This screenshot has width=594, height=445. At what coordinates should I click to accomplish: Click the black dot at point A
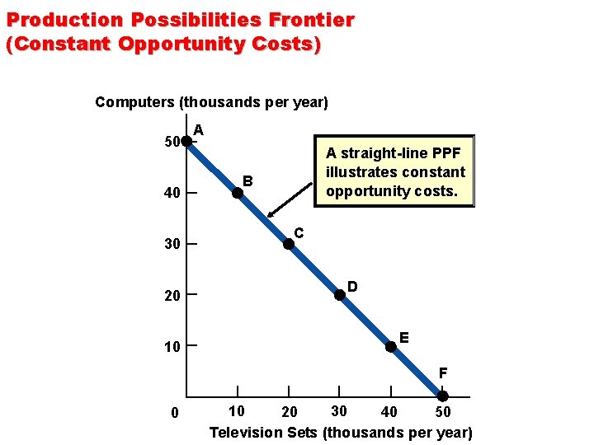pyautogui.click(x=187, y=142)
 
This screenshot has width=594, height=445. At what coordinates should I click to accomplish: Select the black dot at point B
pyautogui.click(x=238, y=193)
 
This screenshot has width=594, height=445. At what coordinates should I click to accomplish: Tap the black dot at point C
pyautogui.click(x=289, y=244)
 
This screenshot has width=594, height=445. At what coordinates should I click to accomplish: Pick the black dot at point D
pyautogui.click(x=340, y=295)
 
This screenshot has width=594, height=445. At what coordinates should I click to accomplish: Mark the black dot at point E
pyautogui.click(x=391, y=346)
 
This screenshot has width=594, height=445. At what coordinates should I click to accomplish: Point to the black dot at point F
pyautogui.click(x=442, y=397)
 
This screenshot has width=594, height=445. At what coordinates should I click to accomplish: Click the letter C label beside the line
pyautogui.click(x=299, y=234)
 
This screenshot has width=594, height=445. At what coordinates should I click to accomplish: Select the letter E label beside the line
pyautogui.click(x=403, y=337)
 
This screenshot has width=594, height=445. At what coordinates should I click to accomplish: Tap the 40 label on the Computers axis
pyautogui.click(x=172, y=194)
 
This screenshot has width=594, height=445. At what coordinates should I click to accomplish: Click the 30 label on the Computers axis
pyautogui.click(x=172, y=245)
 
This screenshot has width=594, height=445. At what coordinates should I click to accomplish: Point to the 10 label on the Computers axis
pyautogui.click(x=172, y=347)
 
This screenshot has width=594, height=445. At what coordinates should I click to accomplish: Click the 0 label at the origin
pyautogui.click(x=174, y=413)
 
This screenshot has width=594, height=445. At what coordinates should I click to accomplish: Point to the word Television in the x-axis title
pyautogui.click(x=245, y=432)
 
